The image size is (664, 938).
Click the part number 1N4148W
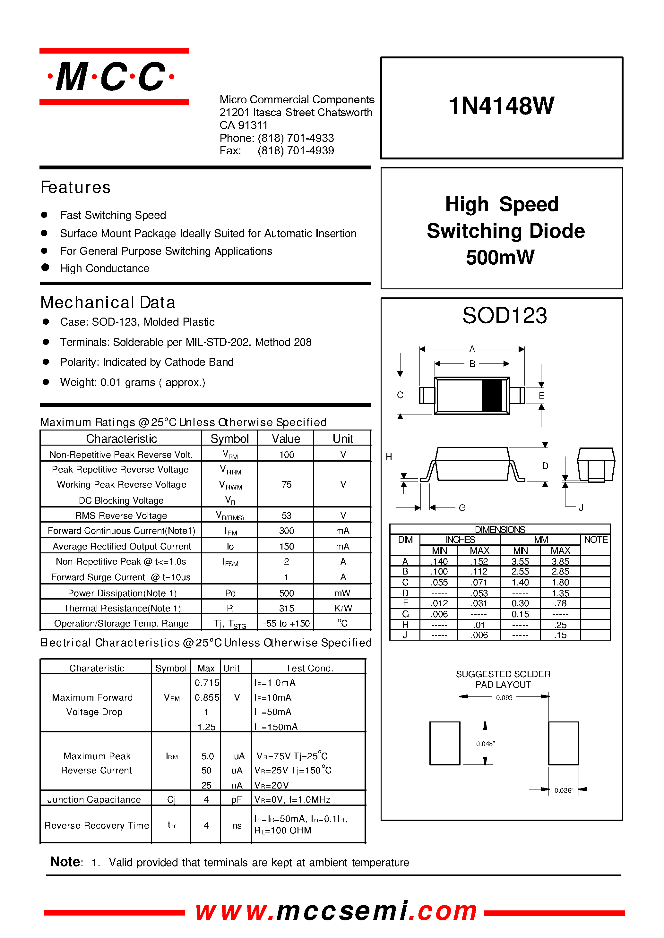(501, 106)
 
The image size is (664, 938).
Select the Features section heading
(76, 187)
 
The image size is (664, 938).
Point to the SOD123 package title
(504, 316)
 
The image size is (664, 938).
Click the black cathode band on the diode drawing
(492, 395)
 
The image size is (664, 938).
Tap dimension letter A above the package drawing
(472, 349)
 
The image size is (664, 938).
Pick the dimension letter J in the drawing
(581, 507)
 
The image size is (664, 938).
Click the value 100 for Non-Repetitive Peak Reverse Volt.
(286, 455)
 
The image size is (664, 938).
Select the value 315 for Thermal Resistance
(286, 608)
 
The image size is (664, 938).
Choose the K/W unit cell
(343, 608)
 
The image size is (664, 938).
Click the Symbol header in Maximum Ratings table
(229, 439)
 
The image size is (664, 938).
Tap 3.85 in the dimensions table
(560, 561)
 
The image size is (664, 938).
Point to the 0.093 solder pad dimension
(504, 698)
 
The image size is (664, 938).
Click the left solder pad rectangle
(444, 743)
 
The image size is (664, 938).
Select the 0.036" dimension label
(564, 790)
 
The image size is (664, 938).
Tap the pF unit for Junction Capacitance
(236, 799)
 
